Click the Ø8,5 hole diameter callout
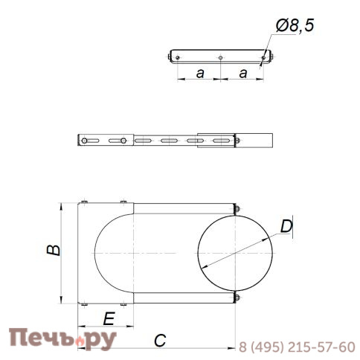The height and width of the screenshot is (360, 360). (294, 27)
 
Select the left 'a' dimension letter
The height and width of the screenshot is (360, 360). (199, 73)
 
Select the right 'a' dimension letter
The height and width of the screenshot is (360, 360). (244, 73)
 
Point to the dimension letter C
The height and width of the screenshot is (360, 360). (159, 341)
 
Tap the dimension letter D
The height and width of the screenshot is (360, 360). (286, 226)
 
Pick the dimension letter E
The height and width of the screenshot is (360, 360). (109, 319)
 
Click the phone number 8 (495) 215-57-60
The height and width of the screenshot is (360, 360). (297, 347)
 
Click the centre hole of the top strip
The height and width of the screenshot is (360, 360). (221, 56)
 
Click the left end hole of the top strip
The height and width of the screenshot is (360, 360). (177, 56)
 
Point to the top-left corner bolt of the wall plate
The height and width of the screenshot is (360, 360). (84, 202)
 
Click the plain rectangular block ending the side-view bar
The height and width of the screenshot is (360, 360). (254, 140)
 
